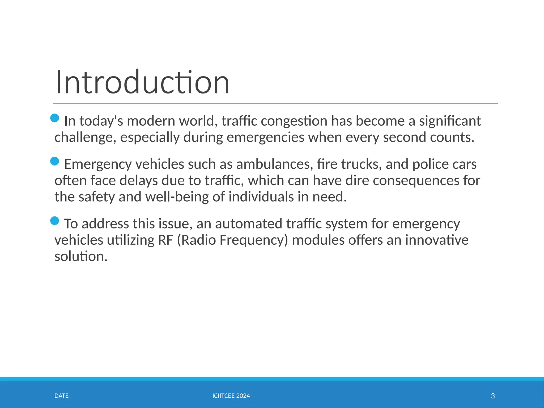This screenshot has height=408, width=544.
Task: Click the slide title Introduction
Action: tap(142, 82)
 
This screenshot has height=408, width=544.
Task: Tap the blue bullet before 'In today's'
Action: tap(54, 118)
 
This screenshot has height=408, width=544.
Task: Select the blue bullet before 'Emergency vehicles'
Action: tap(54, 161)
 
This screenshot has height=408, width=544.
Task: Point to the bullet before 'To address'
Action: tap(54, 220)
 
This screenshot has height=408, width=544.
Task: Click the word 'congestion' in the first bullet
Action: tap(294, 121)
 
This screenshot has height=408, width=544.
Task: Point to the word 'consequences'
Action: tap(416, 181)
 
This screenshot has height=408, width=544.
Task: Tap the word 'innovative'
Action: tap(437, 240)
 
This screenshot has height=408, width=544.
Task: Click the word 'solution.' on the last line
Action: tap(81, 257)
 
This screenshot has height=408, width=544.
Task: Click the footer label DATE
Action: tap(61, 396)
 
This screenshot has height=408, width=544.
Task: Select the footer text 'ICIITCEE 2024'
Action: tap(231, 396)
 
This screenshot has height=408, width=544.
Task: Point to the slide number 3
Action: tap(493, 396)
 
